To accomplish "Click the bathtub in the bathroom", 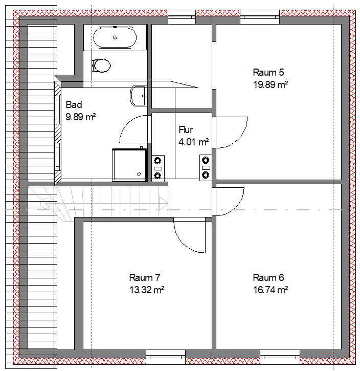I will [115, 38].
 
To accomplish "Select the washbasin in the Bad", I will [139, 96].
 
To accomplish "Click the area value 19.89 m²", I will [270, 84].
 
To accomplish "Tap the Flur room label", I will [186, 130].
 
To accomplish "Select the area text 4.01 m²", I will [193, 142].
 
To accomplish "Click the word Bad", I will [74, 105].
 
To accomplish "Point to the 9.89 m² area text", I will [81, 117].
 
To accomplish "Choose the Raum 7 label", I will [145, 278].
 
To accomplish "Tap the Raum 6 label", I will [268, 278].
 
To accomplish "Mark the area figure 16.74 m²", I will [270, 290].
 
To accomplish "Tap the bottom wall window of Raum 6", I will [280, 354].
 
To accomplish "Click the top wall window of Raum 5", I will [260, 19].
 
